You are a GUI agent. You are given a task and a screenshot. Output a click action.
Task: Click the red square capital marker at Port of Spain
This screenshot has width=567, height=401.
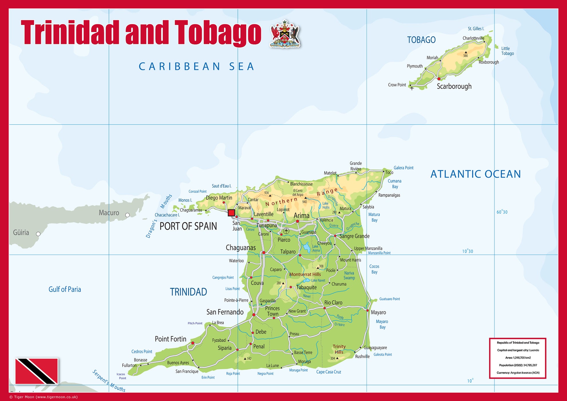coord(231,213)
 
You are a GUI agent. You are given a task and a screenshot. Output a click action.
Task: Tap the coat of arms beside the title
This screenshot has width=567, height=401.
coord(285,34)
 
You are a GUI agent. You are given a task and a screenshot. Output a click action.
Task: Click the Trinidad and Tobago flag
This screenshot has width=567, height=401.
coord(37,371)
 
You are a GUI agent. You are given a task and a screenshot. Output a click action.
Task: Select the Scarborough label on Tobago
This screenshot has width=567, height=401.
coord(454,86)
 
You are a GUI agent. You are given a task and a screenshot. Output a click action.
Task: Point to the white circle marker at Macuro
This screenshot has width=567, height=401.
coord(127,215)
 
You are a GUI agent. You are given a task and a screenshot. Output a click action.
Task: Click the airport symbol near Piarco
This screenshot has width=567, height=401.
coord(286,231)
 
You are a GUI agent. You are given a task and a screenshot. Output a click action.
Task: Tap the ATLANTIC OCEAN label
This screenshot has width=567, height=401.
coord(475,174)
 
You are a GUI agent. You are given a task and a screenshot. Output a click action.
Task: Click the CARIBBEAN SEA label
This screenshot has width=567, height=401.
coord(197,66)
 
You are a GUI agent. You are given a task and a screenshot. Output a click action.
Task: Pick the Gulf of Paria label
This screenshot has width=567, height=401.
coord(65,289)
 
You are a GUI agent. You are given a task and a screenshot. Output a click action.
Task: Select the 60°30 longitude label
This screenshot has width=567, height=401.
coord(502,212)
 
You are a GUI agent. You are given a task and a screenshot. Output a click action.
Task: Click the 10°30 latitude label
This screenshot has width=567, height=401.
coord(467,251)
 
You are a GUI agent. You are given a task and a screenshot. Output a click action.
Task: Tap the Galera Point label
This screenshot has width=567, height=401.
coord(403,168)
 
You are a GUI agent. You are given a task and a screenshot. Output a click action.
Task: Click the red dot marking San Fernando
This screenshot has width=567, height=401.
coord(254,315)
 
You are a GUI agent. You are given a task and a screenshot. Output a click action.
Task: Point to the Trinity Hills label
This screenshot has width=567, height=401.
coord(339,349)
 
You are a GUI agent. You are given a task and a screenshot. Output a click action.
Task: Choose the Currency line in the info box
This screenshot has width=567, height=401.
coord(518,373)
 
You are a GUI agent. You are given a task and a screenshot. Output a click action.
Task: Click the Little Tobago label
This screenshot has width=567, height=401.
coord(507,51)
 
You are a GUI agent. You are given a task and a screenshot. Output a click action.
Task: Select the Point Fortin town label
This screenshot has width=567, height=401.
coord(170,339)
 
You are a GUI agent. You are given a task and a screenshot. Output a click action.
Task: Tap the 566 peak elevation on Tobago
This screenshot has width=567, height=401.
coord(466,56)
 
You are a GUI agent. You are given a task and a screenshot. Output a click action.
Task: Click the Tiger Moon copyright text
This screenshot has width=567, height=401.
coord(44,397)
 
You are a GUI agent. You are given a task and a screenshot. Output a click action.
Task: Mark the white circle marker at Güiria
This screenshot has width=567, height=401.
coord(38,234)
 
